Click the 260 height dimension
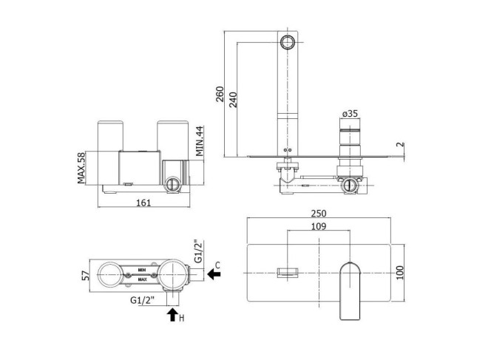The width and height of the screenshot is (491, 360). (220, 94)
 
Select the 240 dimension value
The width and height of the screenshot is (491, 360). (233, 100)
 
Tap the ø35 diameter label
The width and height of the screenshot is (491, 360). (350, 113)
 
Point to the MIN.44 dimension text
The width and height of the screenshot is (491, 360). (200, 141)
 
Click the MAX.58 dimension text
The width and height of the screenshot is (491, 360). (81, 168)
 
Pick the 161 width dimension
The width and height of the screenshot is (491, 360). (143, 203)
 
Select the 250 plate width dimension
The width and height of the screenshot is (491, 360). (319, 213)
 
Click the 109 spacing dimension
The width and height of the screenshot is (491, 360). (319, 226)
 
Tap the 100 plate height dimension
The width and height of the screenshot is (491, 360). (400, 272)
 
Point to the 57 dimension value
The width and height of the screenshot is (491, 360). (86, 276)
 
